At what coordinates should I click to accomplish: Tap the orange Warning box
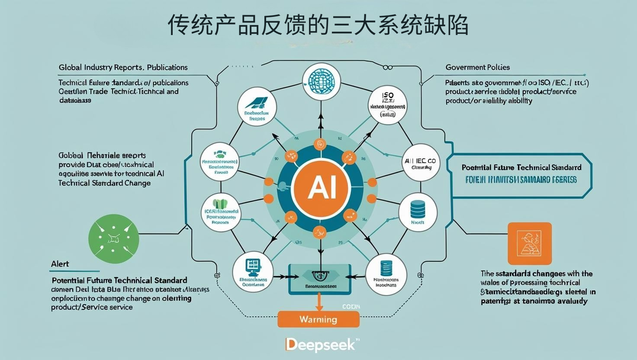click(x=318, y=319)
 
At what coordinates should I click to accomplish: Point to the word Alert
click(x=60, y=264)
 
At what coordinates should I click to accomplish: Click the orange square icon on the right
click(x=529, y=243)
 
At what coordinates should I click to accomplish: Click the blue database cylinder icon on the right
click(x=418, y=209)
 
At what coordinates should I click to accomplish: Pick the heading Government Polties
click(x=477, y=67)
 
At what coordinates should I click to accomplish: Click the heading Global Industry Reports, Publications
click(x=123, y=67)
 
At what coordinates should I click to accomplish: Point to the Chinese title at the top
click(x=318, y=25)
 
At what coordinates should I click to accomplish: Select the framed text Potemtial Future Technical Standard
click(x=521, y=167)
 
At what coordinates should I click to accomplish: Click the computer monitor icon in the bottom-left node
click(x=251, y=266)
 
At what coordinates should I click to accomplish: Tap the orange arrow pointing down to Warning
click(x=319, y=302)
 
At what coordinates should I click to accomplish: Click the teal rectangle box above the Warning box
click(x=319, y=280)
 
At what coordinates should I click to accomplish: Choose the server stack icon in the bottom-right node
click(x=386, y=268)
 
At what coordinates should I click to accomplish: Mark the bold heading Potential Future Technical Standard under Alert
click(x=119, y=280)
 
